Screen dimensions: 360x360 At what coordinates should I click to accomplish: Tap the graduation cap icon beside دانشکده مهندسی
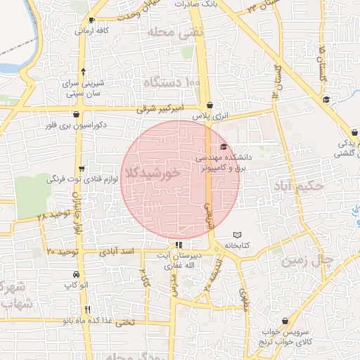click(224, 147)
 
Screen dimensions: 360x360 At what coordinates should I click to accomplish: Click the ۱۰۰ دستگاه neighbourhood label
click(172, 83)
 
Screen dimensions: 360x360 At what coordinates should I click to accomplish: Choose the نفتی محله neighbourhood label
click(176, 32)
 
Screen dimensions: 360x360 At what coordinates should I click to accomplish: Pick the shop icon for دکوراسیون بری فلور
click(76, 115)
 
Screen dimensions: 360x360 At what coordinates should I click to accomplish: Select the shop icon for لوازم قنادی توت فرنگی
click(82, 169)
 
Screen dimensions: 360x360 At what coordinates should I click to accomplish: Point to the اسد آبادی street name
click(117, 251)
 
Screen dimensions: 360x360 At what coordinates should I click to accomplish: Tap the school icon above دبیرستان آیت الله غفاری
click(178, 245)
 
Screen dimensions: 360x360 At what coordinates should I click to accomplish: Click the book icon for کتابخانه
click(236, 234)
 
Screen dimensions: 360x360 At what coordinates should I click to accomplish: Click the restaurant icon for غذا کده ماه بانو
click(88, 309)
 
